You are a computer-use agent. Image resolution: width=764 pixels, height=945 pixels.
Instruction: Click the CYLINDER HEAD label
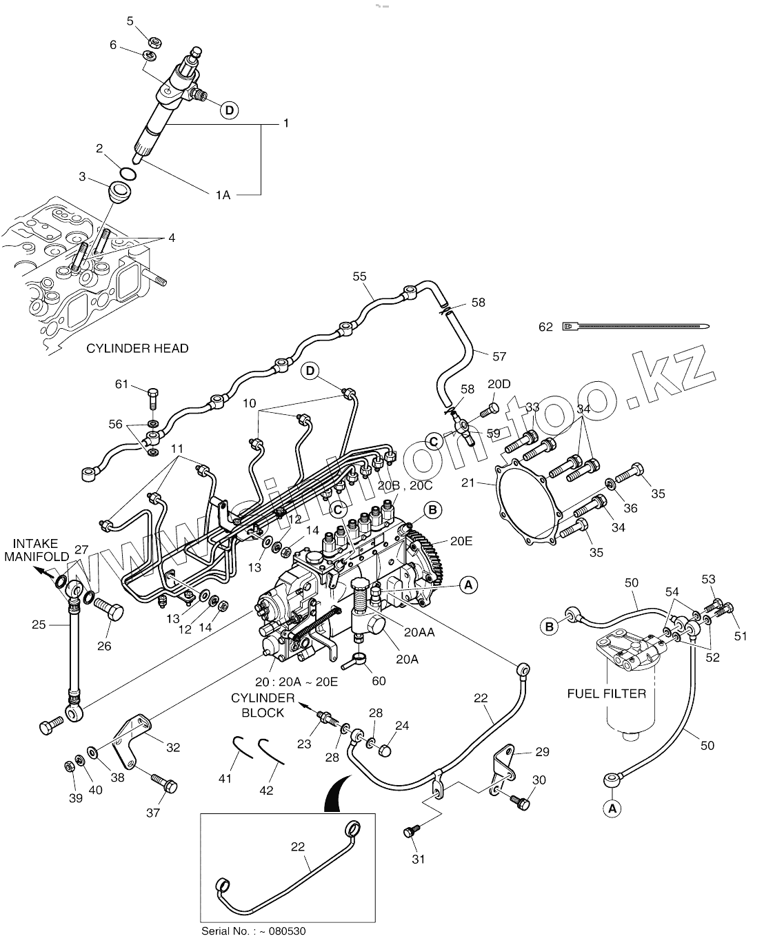click(137, 348)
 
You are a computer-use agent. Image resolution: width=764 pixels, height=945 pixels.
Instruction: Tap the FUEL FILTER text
click(607, 693)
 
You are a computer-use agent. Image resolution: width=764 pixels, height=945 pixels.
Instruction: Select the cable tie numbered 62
click(635, 326)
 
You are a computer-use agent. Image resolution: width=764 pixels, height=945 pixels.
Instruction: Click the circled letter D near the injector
click(230, 109)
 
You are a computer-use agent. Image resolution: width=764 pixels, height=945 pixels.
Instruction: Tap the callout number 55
click(359, 276)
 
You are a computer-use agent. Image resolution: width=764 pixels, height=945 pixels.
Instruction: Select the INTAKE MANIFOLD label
click(36, 550)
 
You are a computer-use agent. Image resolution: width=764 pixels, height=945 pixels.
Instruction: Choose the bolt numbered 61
click(154, 398)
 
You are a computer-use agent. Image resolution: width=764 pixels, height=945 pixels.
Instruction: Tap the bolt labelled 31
click(411, 833)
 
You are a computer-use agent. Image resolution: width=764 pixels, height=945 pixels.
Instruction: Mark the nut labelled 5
click(155, 41)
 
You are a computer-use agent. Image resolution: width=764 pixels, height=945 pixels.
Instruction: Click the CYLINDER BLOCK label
click(263, 706)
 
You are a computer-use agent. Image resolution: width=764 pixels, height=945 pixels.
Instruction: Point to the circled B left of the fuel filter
click(550, 626)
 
